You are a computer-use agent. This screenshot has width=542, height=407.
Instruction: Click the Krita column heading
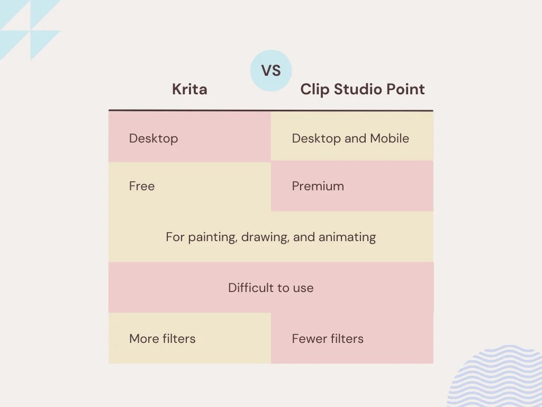(189, 89)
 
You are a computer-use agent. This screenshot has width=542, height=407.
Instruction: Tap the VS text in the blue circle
(270, 71)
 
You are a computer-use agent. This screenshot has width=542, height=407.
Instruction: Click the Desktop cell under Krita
(153, 138)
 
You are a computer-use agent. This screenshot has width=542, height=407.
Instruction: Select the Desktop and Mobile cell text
(350, 138)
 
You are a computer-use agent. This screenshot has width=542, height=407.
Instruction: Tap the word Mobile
(390, 138)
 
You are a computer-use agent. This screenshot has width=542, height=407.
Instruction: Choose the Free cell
(142, 186)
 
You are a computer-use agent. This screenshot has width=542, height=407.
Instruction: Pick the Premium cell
(318, 186)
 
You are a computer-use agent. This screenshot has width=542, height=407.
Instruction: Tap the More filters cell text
(162, 339)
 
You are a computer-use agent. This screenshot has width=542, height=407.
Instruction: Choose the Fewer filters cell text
(328, 339)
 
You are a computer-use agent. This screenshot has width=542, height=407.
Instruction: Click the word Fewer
(308, 339)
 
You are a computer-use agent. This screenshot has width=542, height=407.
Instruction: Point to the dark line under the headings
(270, 111)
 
